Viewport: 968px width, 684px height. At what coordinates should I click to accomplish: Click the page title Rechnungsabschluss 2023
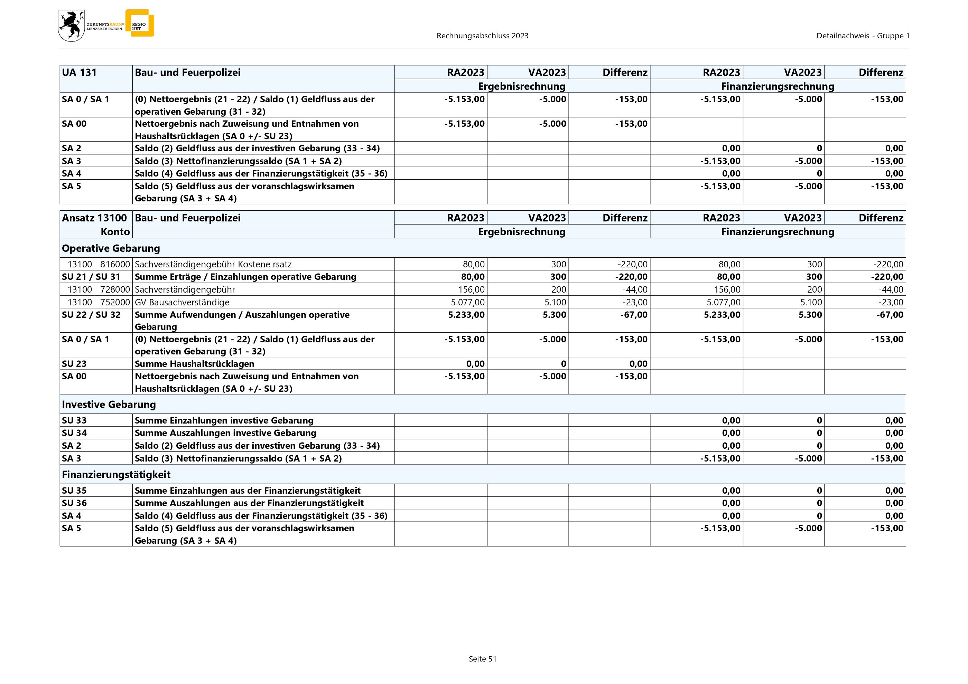coord(482,36)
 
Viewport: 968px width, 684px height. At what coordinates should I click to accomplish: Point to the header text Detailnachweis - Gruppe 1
coord(863,36)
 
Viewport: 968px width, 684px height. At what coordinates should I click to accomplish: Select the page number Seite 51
coord(482,659)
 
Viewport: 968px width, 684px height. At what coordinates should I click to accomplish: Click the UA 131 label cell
coord(79,73)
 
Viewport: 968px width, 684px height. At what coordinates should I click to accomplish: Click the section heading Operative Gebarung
coord(111,248)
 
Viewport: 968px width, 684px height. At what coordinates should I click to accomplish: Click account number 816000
coord(115,265)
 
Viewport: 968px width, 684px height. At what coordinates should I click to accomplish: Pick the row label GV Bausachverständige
coord(182,302)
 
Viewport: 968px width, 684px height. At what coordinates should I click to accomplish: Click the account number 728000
coord(115,290)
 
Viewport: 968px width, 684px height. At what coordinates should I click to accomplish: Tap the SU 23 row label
coord(74,364)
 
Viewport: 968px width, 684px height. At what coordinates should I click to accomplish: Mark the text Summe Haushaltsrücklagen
coord(194,364)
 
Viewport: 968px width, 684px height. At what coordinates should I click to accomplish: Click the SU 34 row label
coord(74,433)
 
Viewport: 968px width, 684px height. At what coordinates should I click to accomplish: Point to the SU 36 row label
coord(74,503)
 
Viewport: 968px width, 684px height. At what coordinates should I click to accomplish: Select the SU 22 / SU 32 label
coord(91,315)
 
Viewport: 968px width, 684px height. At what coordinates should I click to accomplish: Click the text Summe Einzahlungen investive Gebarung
coord(224,420)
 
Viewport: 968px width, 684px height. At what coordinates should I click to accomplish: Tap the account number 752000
coord(115,302)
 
